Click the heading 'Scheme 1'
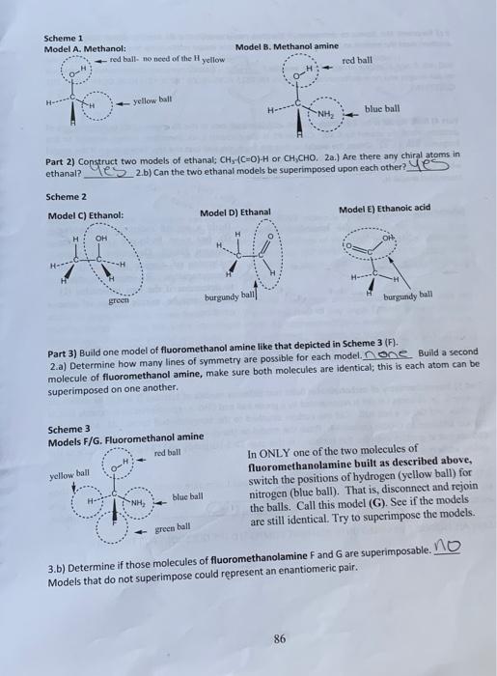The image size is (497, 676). [63, 38]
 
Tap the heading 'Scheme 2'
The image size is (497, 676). [65, 196]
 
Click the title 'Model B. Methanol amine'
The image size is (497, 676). [287, 47]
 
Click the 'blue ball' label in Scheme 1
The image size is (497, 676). [382, 109]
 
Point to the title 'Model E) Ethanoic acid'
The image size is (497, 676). [384, 209]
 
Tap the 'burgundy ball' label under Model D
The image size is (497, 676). [228, 298]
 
